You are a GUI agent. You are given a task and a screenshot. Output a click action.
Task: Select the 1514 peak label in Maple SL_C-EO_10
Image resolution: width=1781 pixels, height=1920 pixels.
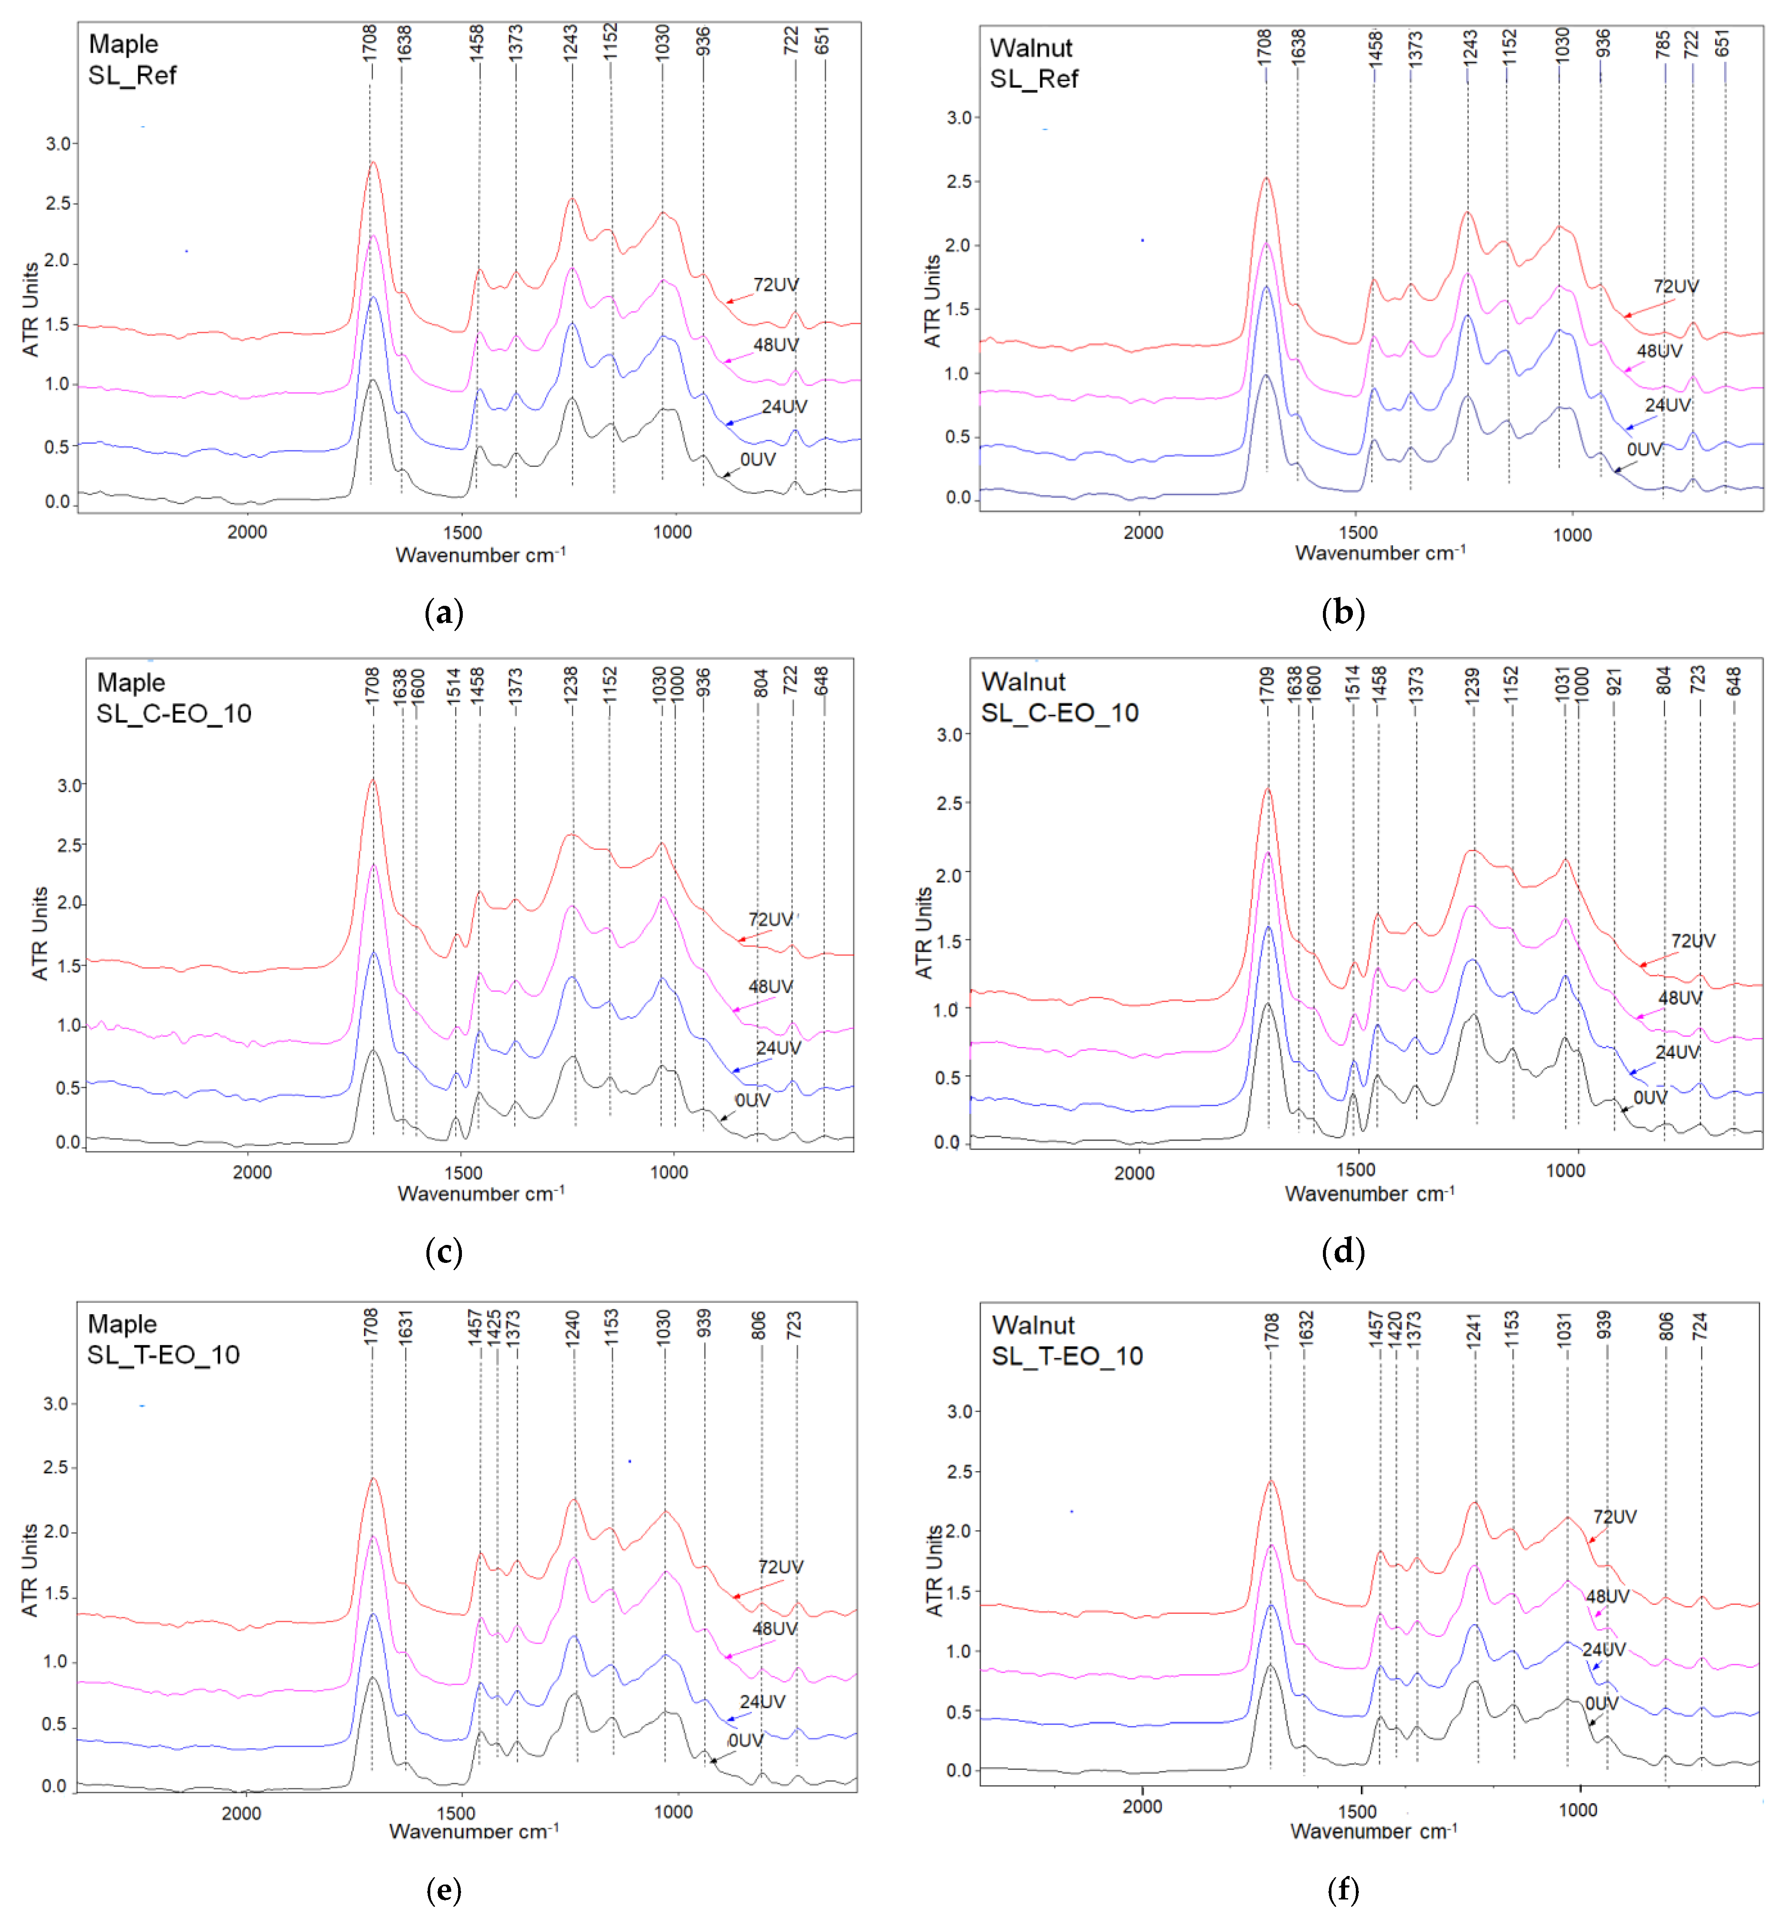tap(454, 686)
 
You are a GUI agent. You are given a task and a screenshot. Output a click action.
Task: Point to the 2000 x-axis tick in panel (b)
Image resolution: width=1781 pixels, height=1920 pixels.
tap(1143, 533)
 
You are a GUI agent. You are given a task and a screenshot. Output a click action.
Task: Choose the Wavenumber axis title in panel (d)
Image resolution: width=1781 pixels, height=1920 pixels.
tap(1370, 1194)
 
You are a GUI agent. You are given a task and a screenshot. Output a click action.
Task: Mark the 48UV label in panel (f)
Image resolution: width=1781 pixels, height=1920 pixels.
tap(1607, 1596)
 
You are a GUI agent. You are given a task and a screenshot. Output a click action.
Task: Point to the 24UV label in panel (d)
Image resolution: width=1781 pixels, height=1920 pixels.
tap(1677, 1052)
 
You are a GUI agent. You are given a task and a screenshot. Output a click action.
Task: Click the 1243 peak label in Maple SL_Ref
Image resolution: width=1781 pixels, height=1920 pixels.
tap(571, 43)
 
